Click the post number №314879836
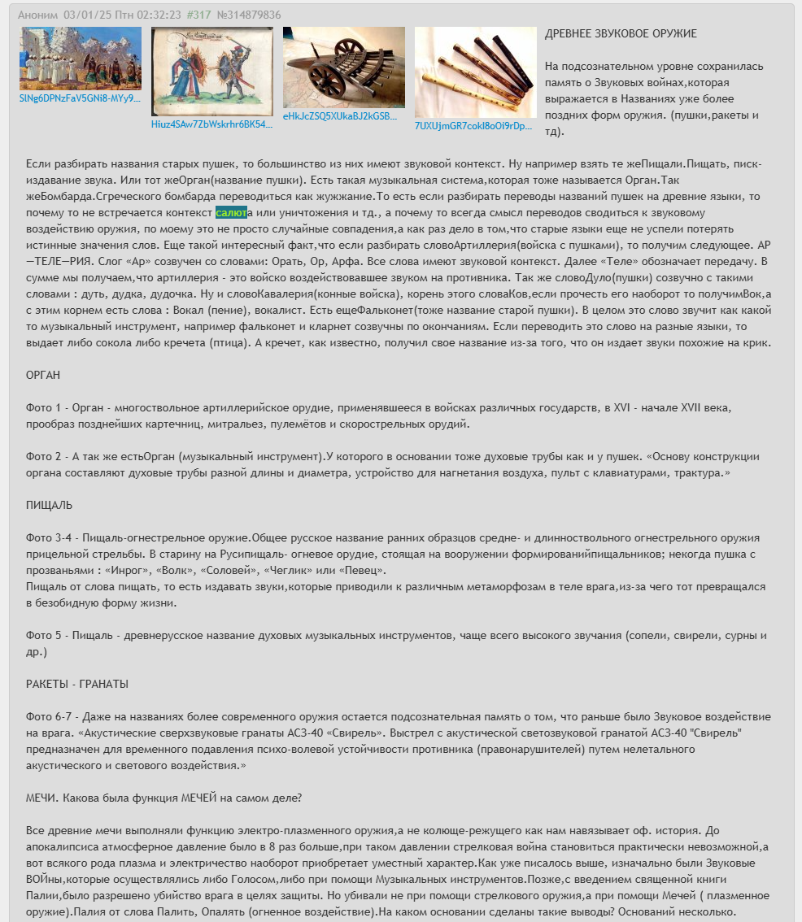pos(249,15)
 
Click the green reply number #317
pos(198,15)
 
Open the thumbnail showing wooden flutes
pos(475,72)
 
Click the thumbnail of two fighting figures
pos(211,71)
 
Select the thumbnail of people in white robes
pos(81,58)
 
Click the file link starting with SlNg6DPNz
pos(81,98)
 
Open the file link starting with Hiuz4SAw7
pos(211,124)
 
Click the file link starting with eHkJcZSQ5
pos(340,116)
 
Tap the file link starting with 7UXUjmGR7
pos(473,126)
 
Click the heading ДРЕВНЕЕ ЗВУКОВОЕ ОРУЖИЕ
pos(621,34)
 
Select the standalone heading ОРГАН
pos(43,376)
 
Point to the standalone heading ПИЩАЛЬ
pos(50,506)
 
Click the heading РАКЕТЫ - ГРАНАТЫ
pos(77,685)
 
